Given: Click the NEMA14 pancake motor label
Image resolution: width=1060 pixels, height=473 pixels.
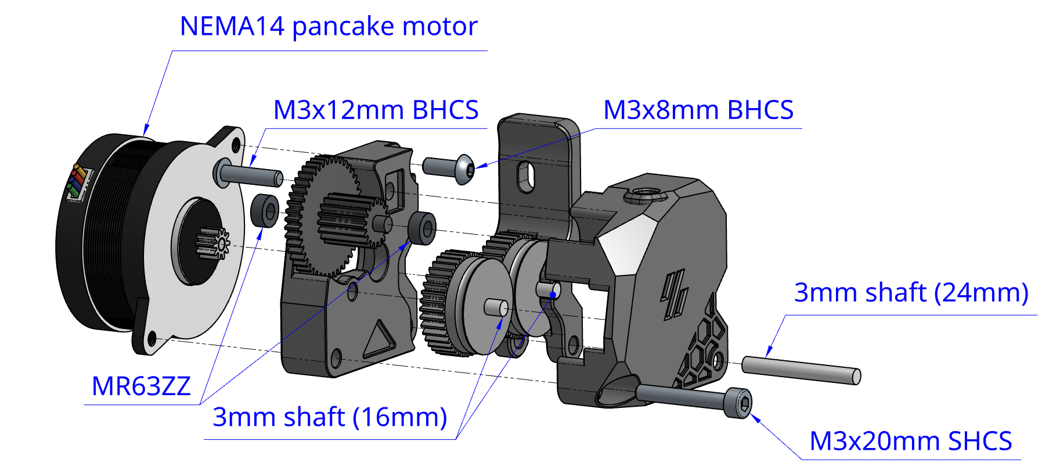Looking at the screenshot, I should click(x=329, y=27).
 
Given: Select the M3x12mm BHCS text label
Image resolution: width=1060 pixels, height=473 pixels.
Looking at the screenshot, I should click(x=376, y=110).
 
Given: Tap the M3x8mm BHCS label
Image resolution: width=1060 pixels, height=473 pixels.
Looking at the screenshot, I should click(x=698, y=110).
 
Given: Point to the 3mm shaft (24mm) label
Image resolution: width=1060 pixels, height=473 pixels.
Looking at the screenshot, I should click(x=911, y=293).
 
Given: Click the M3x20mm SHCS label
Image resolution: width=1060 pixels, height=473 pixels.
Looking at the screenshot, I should click(x=910, y=442).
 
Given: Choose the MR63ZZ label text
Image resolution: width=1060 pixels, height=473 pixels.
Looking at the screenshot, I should click(x=141, y=386).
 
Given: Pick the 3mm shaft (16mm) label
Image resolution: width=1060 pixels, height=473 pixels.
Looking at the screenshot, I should click(x=330, y=417).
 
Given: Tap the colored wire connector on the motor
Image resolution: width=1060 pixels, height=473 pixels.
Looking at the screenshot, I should click(x=79, y=181).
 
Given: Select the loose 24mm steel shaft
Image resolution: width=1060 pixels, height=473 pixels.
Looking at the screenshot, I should click(x=801, y=370).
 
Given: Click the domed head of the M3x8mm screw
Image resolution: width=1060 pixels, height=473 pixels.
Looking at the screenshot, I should click(x=465, y=169).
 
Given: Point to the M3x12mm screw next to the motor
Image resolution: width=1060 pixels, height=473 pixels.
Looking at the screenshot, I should click(x=250, y=175).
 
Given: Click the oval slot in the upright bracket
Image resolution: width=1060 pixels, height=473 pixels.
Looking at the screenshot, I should click(x=527, y=176).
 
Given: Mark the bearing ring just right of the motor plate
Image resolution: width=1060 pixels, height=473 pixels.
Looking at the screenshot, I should click(x=265, y=210).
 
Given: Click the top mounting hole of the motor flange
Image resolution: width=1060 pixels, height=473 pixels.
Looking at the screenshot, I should click(x=235, y=144).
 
